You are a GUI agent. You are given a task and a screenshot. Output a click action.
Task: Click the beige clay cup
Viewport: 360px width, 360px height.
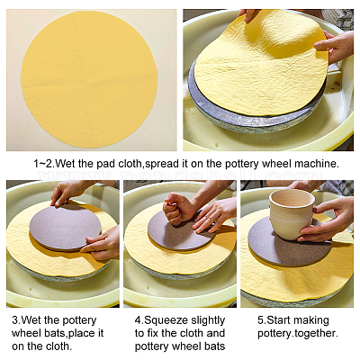click(x=291, y=213)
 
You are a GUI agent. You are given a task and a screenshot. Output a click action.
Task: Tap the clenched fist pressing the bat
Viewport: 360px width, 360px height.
click(x=177, y=209)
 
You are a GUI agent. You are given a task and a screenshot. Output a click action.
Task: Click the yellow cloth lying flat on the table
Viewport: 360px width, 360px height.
click(x=89, y=79)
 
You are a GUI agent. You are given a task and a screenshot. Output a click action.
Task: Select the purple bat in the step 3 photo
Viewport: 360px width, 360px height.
click(x=65, y=227)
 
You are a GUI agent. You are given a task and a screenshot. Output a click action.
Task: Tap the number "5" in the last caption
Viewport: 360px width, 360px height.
click(x=260, y=320)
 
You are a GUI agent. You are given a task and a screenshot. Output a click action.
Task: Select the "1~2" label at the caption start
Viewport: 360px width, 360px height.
click(x=43, y=164)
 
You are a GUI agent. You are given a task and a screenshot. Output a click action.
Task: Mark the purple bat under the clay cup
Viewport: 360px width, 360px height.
click(x=291, y=244)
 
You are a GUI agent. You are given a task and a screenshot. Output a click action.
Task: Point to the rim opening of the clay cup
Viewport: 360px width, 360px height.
click(x=292, y=198)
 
